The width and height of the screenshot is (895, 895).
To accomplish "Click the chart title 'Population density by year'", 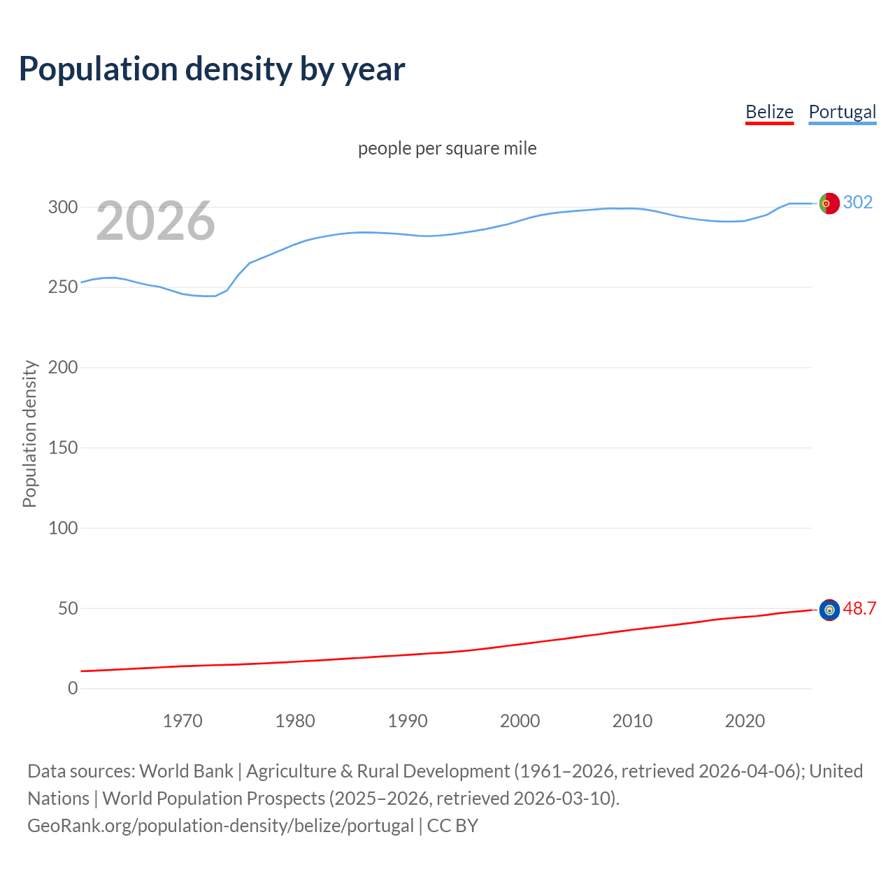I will pyautogui.click(x=212, y=69).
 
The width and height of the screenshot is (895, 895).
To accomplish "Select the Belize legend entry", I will pyautogui.click(x=769, y=112).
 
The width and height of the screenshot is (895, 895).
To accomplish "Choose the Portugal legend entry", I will pyautogui.click(x=842, y=112).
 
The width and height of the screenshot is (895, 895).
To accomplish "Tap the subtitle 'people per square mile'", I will pyautogui.click(x=447, y=148).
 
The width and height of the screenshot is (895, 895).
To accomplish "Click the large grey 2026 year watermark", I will pyautogui.click(x=155, y=221).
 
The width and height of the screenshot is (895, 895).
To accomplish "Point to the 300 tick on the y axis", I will pyautogui.click(x=63, y=207).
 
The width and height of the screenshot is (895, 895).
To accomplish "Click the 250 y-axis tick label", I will pyautogui.click(x=63, y=287).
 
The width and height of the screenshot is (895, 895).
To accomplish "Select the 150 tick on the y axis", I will pyautogui.click(x=63, y=447).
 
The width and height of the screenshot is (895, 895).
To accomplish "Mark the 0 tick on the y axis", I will pyautogui.click(x=73, y=688).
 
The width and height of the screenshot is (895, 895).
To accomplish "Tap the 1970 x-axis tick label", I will pyautogui.click(x=182, y=721).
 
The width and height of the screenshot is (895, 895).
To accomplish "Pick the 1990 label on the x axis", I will pyautogui.click(x=408, y=721).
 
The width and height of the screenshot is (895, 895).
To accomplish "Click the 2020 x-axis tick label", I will pyautogui.click(x=745, y=721).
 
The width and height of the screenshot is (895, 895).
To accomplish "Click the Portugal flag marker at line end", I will pyautogui.click(x=829, y=203).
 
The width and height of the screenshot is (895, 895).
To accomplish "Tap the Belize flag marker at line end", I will pyautogui.click(x=829, y=610).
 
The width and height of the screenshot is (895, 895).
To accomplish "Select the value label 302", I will pyautogui.click(x=858, y=203).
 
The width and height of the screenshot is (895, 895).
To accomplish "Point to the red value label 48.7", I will pyautogui.click(x=859, y=608).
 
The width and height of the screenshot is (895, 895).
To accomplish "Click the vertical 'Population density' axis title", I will pyautogui.click(x=29, y=434).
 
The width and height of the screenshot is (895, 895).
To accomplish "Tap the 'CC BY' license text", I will pyautogui.click(x=452, y=825).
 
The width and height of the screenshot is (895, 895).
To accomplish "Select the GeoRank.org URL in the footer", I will pyautogui.click(x=220, y=825).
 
